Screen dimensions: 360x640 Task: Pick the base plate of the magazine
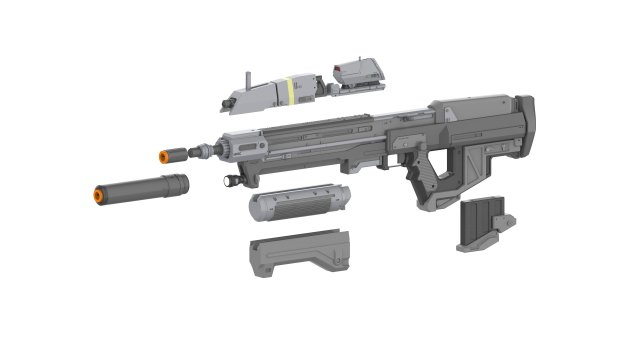pos(485,242)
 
